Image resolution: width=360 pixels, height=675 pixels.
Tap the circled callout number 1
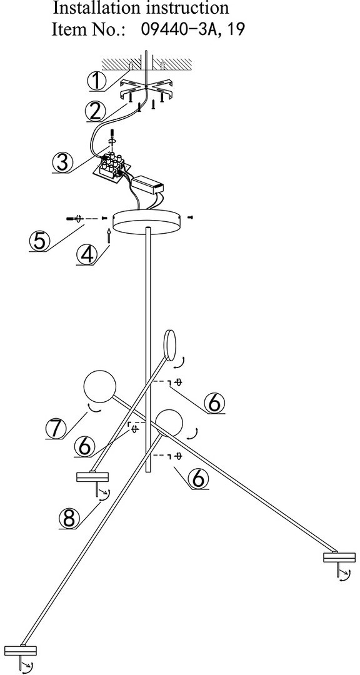(x=97, y=81)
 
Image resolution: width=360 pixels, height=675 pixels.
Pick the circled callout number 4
(x=87, y=255)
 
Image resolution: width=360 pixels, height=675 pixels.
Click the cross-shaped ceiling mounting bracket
(x=146, y=89)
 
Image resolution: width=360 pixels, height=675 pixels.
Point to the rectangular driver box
(x=148, y=184)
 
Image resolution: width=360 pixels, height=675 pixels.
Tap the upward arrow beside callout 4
(x=109, y=236)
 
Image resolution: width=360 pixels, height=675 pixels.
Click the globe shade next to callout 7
(x=99, y=386)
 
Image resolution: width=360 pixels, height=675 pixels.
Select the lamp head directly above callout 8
(x=92, y=478)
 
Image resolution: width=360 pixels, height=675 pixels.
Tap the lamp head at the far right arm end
(x=339, y=558)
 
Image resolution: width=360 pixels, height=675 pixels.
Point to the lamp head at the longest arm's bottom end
(x=21, y=651)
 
